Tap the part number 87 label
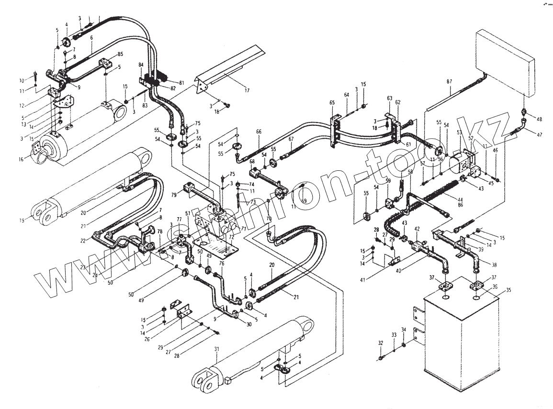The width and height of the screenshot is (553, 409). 449,82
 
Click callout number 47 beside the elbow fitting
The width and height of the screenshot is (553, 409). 540,134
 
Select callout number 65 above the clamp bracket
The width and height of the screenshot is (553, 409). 332,102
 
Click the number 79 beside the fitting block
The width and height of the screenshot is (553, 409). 174,195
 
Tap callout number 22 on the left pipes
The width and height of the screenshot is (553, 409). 82,241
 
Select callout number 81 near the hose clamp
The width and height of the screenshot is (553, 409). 181,82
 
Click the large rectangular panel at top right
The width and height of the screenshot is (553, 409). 505,62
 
